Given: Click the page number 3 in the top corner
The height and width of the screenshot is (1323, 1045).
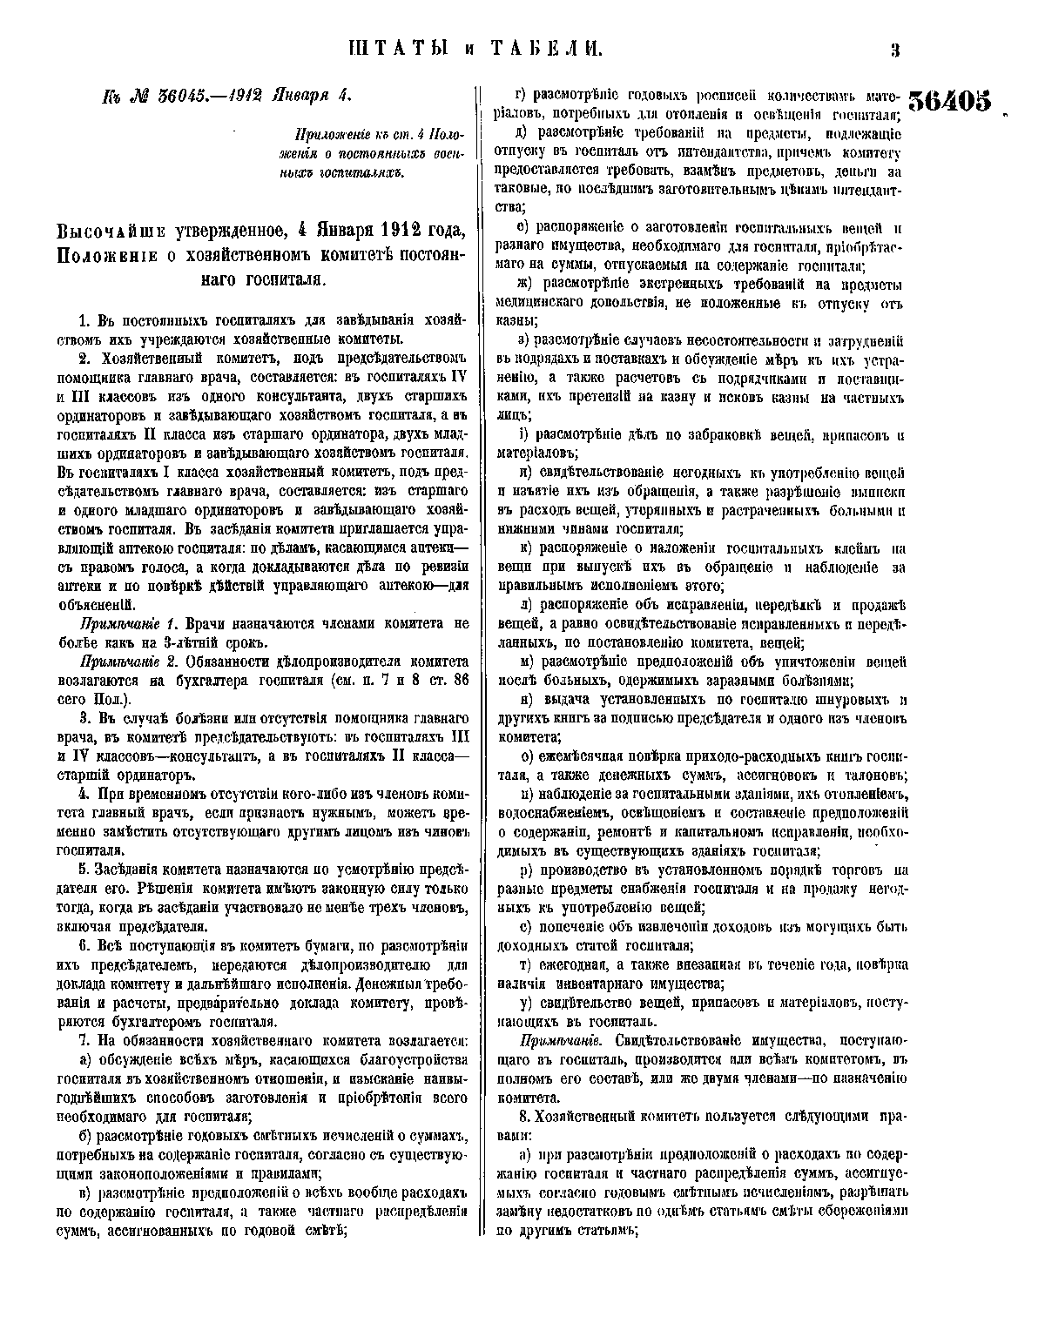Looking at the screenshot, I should tap(894, 50).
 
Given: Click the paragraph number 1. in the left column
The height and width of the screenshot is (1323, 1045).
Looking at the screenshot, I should tap(84, 321).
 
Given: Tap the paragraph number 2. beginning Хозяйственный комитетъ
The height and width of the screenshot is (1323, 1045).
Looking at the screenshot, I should tap(84, 359).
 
